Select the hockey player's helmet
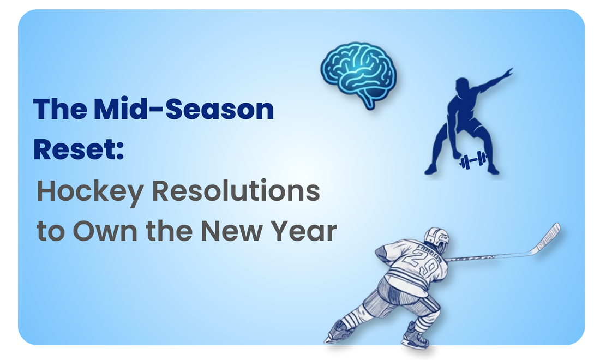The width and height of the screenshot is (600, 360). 436,238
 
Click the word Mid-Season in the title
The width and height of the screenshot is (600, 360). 183,110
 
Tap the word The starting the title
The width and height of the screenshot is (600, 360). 59,110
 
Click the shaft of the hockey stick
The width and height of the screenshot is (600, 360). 491,255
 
